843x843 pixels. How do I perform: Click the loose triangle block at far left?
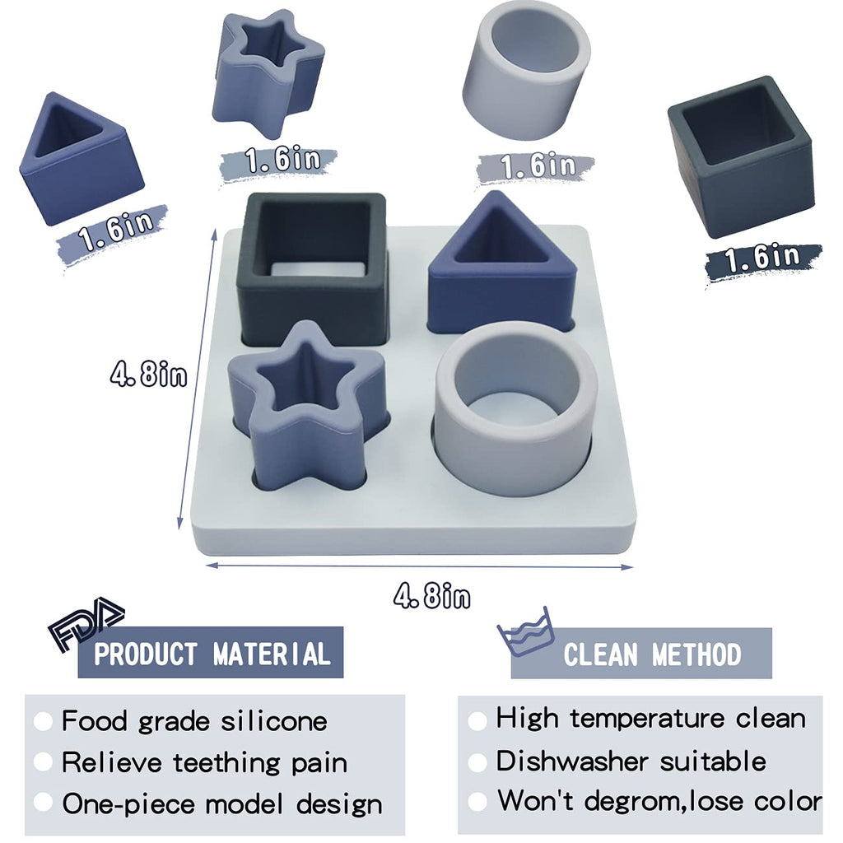pyautogui.click(x=81, y=178)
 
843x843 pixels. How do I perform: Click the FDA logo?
pyautogui.click(x=86, y=624)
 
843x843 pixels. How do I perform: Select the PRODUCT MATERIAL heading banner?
pyautogui.click(x=211, y=652)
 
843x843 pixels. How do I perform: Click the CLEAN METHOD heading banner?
pyautogui.click(x=641, y=653)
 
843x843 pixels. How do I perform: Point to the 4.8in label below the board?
pyautogui.click(x=431, y=596)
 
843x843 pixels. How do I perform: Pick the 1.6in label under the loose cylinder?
pyautogui.click(x=538, y=165)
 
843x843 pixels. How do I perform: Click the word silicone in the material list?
pyautogui.click(x=274, y=721)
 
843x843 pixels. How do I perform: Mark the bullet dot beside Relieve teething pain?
pyautogui.click(x=43, y=761)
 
